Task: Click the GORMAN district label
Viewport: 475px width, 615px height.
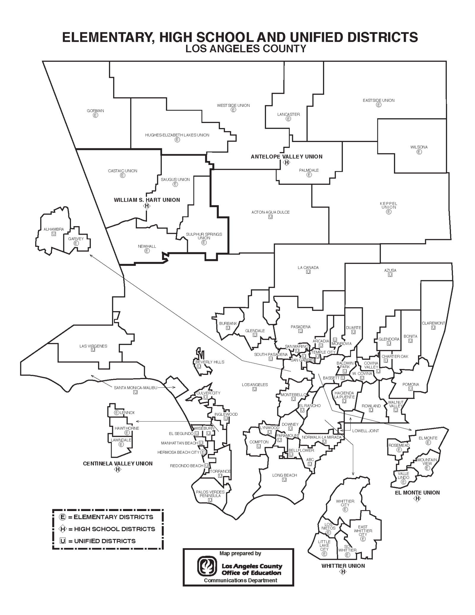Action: click(x=95, y=111)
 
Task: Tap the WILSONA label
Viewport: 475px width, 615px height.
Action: click(x=419, y=147)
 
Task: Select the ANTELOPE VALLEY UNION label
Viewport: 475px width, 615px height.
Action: click(x=286, y=157)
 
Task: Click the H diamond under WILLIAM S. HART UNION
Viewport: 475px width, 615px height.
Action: click(x=147, y=206)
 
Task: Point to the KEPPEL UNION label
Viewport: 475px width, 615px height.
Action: click(x=389, y=205)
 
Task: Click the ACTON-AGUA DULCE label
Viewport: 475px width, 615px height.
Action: click(x=270, y=212)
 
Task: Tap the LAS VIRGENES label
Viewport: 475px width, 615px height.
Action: click(x=93, y=346)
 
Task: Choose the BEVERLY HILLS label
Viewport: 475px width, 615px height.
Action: click(x=210, y=362)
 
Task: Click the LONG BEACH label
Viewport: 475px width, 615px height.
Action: click(x=284, y=475)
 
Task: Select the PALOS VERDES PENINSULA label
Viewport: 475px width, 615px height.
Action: click(x=210, y=494)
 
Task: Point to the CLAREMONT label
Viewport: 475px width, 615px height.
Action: click(x=433, y=323)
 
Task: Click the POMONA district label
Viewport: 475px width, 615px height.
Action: click(x=411, y=384)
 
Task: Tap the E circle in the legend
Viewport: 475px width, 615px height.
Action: click(x=63, y=517)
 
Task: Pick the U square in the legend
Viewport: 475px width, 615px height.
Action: click(x=63, y=541)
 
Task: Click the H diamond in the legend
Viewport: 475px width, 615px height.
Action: click(x=63, y=529)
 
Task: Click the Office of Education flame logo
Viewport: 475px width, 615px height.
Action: click(x=207, y=566)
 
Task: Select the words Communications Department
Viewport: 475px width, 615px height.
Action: click(x=240, y=580)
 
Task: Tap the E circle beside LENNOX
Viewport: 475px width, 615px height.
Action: click(x=117, y=413)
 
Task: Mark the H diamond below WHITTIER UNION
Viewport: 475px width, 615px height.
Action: click(x=343, y=572)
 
